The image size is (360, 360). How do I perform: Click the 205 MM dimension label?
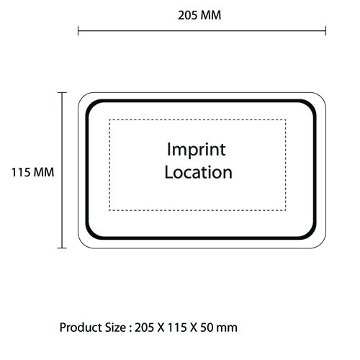click(x=199, y=15)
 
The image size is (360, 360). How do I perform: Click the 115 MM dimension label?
click(x=33, y=172)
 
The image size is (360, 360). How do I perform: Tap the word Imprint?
click(x=197, y=150)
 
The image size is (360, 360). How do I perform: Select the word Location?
click(x=199, y=172)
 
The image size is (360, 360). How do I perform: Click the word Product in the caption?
click(x=81, y=328)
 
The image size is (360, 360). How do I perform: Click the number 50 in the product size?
click(x=207, y=328)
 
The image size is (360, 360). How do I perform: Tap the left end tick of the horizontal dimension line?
click(x=78, y=31)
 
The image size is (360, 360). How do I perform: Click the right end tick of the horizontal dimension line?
click(x=325, y=31)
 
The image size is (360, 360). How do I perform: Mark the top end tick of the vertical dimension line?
click(x=62, y=92)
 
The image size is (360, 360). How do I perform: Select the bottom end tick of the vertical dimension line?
click(x=62, y=248)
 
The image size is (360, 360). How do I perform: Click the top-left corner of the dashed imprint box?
click(x=109, y=120)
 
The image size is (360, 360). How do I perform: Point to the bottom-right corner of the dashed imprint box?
click(x=286, y=210)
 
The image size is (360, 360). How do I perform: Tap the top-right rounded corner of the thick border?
click(x=311, y=105)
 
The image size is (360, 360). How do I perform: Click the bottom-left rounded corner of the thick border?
click(x=91, y=234)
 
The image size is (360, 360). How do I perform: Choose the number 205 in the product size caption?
click(x=144, y=328)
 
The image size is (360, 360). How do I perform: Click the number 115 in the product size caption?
click(x=177, y=328)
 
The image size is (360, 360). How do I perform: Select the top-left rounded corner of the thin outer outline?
click(x=82, y=96)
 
